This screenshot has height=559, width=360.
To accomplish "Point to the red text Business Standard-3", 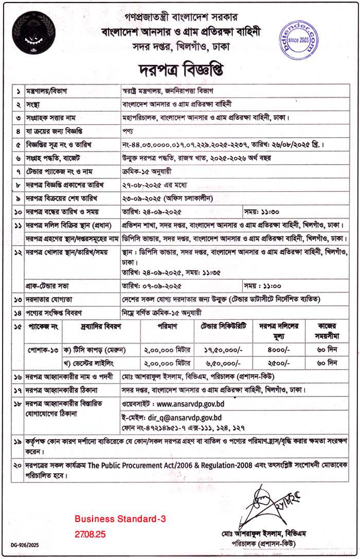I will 120,520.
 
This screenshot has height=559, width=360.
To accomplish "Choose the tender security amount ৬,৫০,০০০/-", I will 223,362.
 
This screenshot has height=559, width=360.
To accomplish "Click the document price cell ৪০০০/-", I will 278,348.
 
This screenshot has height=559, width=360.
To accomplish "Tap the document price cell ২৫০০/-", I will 278,362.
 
